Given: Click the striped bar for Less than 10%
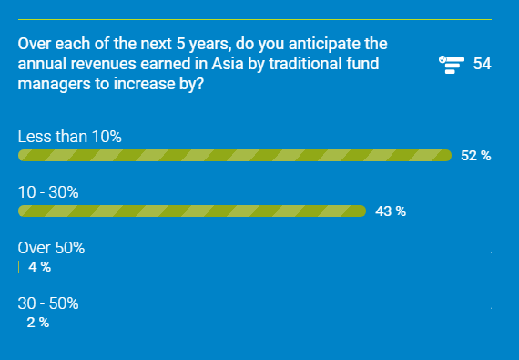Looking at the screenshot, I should tap(235, 156).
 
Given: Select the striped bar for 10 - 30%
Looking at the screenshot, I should tap(191, 211).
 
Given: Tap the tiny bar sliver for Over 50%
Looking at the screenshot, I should tap(19, 267).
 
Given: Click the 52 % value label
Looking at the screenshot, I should tap(475, 156).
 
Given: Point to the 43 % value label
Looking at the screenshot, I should tap(390, 211).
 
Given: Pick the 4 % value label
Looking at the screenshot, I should tap(39, 267).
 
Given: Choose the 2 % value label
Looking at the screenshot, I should tap(37, 322).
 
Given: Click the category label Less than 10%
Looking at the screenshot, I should tap(69, 137).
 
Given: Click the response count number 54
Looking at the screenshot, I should tap(483, 64).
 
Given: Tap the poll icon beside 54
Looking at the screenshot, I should tap(452, 64).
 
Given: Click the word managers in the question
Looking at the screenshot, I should tap(51, 84).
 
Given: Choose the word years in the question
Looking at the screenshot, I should tap(208, 44).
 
